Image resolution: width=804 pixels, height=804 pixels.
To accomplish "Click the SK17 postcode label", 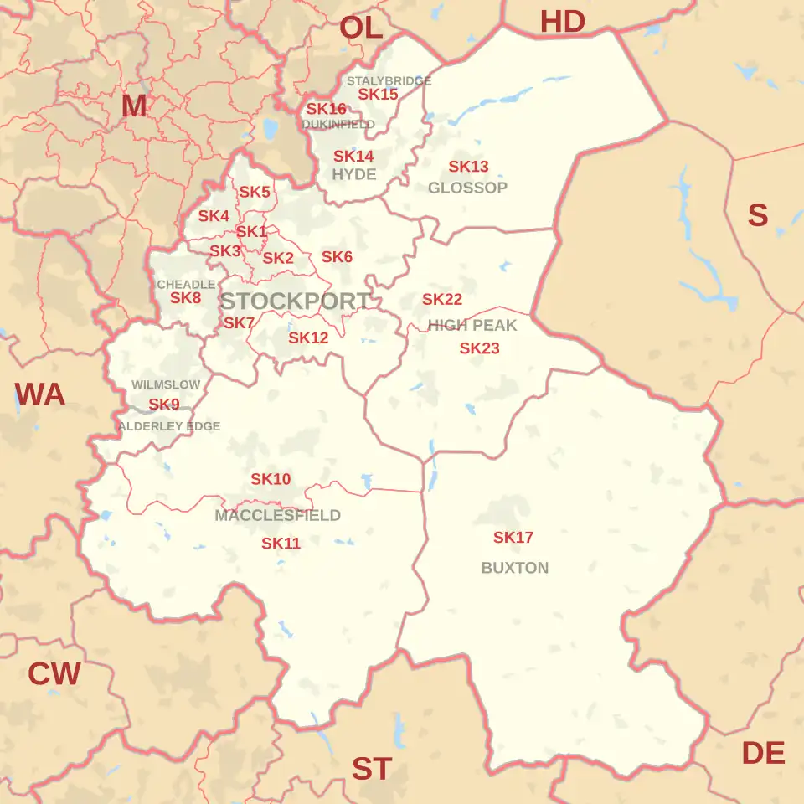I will point(513,538).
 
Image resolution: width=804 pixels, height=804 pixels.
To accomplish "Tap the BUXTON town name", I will point(515,568).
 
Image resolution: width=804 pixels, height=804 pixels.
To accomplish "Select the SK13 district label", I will point(468,167).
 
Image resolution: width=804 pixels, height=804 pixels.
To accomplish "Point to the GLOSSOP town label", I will point(467,188).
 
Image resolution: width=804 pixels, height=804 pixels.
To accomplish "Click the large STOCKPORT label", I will point(295,301).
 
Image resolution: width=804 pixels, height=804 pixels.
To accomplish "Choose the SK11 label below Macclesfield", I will point(281,544).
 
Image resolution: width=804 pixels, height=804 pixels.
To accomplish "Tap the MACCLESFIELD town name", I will point(277,515).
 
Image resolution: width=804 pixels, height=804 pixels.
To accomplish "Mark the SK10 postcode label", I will point(271,479).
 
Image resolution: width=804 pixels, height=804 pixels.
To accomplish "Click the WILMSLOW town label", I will point(166,384).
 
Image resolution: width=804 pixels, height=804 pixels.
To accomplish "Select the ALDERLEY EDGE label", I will point(169,426).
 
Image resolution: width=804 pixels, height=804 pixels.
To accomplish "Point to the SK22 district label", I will point(442,299).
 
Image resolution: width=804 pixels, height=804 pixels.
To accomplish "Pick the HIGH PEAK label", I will point(472,325).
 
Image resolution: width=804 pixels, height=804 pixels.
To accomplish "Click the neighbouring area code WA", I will point(40,394).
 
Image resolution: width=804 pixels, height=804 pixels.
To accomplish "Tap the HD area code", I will point(562,22).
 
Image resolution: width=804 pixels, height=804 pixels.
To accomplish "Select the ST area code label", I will point(371,768).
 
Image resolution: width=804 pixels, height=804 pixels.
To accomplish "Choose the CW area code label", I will point(54,673).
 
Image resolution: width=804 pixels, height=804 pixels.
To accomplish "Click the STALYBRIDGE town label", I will point(389,81).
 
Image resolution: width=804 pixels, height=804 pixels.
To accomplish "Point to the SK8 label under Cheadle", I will point(185,297).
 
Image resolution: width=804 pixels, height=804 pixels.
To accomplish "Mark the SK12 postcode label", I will point(308,338).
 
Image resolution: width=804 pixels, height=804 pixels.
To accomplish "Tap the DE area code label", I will point(763,754).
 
